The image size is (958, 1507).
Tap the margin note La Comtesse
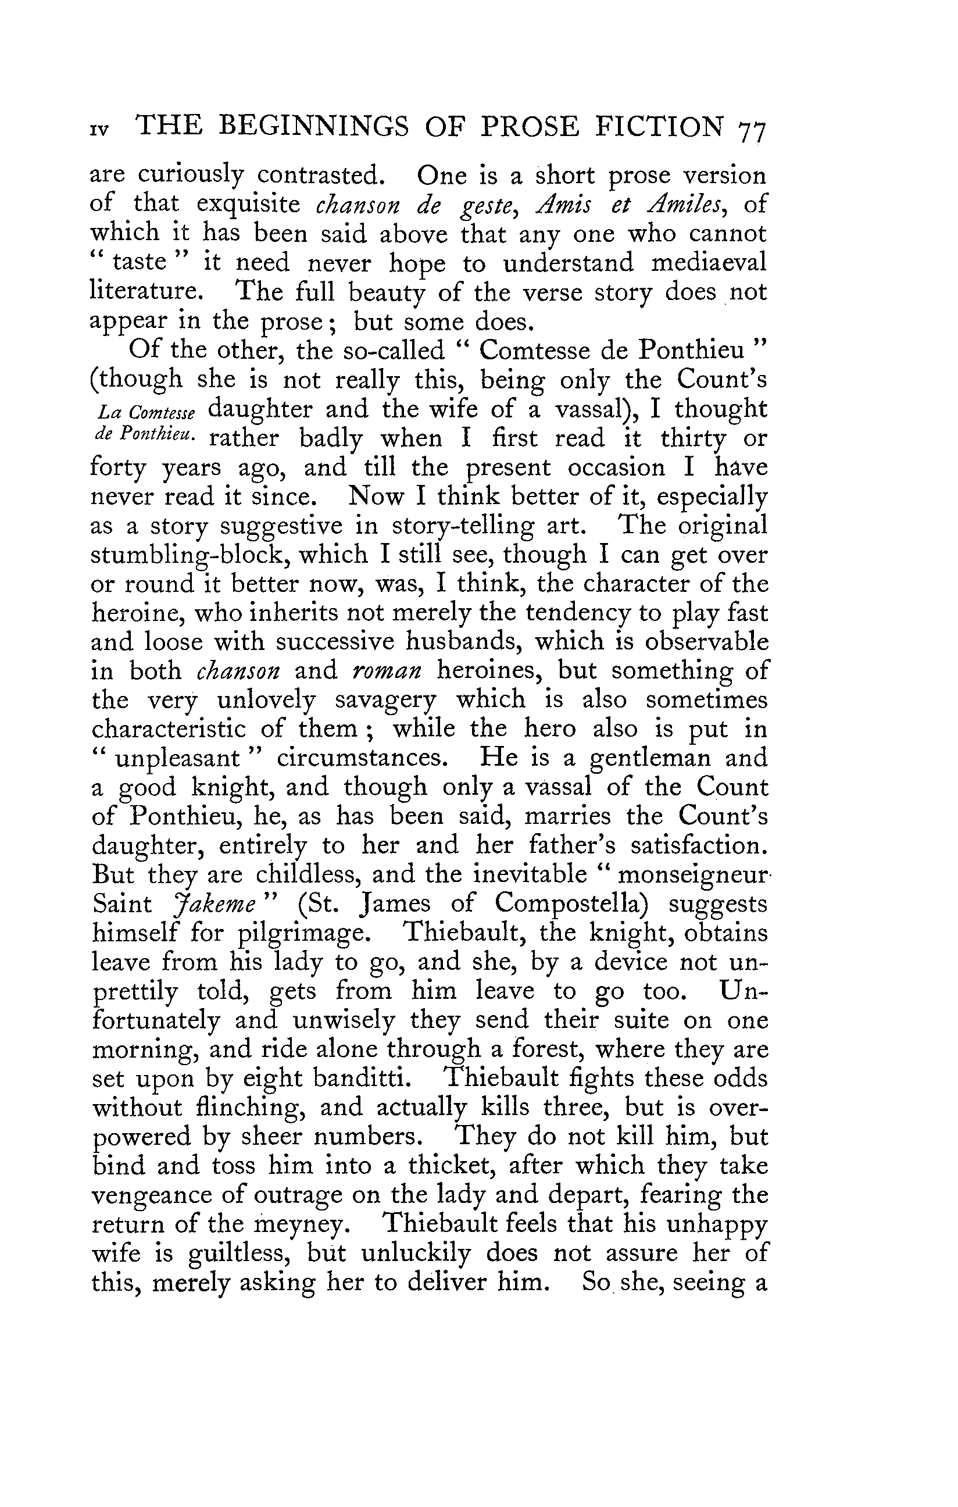click(146, 414)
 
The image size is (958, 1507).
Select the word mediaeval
click(709, 263)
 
